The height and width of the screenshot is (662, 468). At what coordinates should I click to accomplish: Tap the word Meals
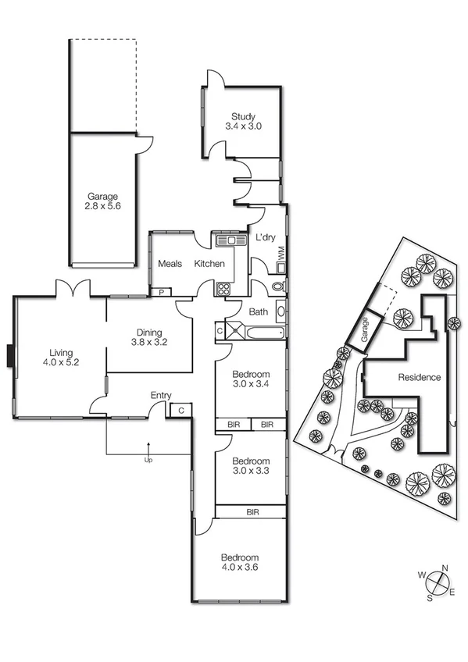tap(170, 264)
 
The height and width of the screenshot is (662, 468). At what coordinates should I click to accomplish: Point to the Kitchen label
tap(209, 264)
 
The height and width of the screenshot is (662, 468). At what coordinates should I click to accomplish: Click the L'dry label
tap(266, 238)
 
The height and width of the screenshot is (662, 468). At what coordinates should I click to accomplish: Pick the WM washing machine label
tap(280, 251)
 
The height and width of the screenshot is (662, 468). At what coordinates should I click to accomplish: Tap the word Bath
tap(258, 312)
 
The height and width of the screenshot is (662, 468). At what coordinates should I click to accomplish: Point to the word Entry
tap(160, 396)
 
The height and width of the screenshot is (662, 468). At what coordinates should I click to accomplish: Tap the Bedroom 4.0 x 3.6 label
tap(239, 562)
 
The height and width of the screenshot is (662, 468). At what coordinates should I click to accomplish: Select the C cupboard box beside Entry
tap(180, 409)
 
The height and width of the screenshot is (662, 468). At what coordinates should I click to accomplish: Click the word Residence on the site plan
tap(420, 378)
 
